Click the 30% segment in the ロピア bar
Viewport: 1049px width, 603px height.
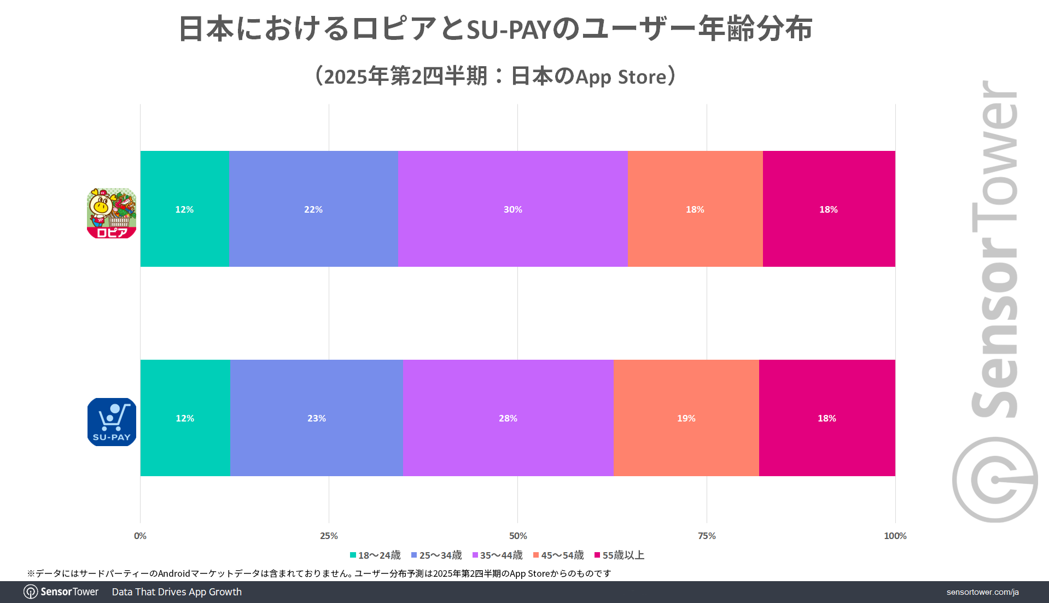click(x=512, y=209)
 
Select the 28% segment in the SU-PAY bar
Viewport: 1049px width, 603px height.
click(x=508, y=418)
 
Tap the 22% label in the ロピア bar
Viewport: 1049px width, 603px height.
click(x=313, y=209)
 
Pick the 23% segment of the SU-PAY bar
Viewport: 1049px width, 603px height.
click(x=316, y=418)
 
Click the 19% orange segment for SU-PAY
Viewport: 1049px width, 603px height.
click(x=686, y=418)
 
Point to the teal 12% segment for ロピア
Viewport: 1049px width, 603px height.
click(x=184, y=209)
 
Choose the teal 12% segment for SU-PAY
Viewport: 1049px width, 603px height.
click(x=185, y=418)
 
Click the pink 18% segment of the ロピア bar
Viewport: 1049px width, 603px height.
click(x=828, y=209)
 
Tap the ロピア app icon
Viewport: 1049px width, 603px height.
click(x=112, y=213)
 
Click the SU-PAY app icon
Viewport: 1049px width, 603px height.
click(x=112, y=422)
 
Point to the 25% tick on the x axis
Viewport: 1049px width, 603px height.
click(x=329, y=536)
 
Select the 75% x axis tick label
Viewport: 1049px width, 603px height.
click(x=707, y=536)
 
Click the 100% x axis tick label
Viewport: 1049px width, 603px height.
click(x=895, y=536)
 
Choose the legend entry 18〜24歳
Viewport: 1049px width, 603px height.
click(x=375, y=555)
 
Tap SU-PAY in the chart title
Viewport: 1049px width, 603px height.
click(x=508, y=30)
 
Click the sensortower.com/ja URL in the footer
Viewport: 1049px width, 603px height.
click(x=982, y=592)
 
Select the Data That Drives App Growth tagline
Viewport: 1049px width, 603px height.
click(x=177, y=592)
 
